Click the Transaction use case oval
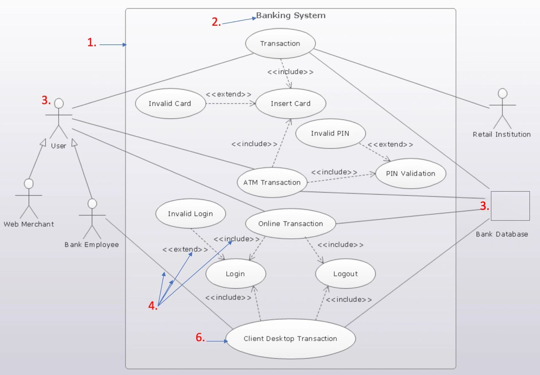click(x=280, y=43)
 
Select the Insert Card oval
click(x=290, y=103)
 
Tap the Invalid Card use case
click(x=170, y=103)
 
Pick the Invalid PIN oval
click(x=330, y=133)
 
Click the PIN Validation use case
click(x=410, y=173)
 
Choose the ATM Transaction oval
click(x=272, y=182)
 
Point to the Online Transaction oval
click(x=291, y=223)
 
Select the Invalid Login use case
click(x=190, y=214)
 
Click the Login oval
click(x=235, y=274)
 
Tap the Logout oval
click(x=345, y=274)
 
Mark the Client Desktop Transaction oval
click(x=290, y=339)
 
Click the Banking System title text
click(x=291, y=16)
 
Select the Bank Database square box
click(x=510, y=206)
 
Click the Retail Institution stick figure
click(x=502, y=109)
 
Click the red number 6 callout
click(x=200, y=337)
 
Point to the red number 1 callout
click(x=92, y=42)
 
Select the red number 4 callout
click(x=153, y=307)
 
